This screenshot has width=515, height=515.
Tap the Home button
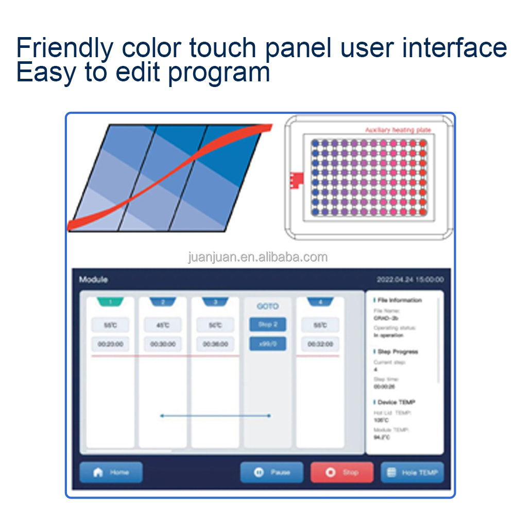point(111,472)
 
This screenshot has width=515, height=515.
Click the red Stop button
point(342,472)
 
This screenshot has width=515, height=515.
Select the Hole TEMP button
point(412,472)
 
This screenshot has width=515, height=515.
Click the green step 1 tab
point(110,302)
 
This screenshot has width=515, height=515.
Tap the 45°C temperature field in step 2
point(163,325)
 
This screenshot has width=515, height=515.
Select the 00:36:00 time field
point(215,344)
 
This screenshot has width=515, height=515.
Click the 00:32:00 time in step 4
point(320,344)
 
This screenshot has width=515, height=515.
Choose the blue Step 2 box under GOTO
point(267,325)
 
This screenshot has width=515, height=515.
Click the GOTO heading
point(267,306)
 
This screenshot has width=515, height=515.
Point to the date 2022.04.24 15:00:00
point(409,280)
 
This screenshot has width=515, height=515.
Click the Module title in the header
point(94,280)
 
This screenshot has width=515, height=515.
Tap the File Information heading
point(399,300)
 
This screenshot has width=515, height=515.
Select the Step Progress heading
point(398,352)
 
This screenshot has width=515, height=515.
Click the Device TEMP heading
point(396,402)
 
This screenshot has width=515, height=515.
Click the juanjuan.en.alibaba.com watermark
point(257,257)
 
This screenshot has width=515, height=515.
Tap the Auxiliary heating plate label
point(398,130)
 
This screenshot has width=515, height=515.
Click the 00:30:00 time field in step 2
point(163,344)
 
